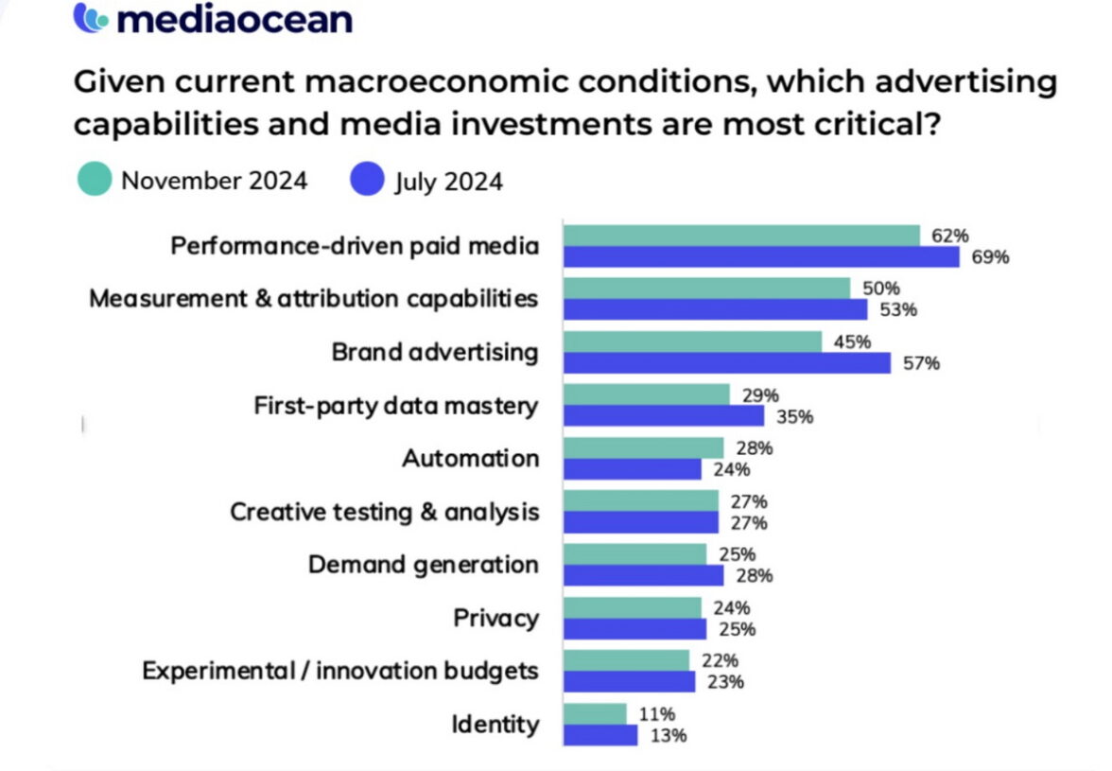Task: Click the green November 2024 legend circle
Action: click(x=95, y=179)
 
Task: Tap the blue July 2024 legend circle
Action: click(x=367, y=179)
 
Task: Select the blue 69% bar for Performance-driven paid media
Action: click(x=761, y=257)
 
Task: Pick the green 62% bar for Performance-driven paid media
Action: click(x=741, y=236)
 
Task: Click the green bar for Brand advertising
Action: click(x=692, y=342)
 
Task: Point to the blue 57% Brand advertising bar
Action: click(x=727, y=363)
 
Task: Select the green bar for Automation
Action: click(x=643, y=447)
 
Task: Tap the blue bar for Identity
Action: click(x=600, y=735)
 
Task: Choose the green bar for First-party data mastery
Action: click(x=647, y=394)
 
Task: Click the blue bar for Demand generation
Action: click(x=643, y=575)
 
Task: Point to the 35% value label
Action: click(x=793, y=416)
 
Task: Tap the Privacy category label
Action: click(x=495, y=619)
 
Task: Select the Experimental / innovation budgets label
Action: click(x=340, y=672)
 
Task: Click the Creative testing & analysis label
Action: click(x=385, y=513)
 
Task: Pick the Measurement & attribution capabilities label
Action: click(x=313, y=299)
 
